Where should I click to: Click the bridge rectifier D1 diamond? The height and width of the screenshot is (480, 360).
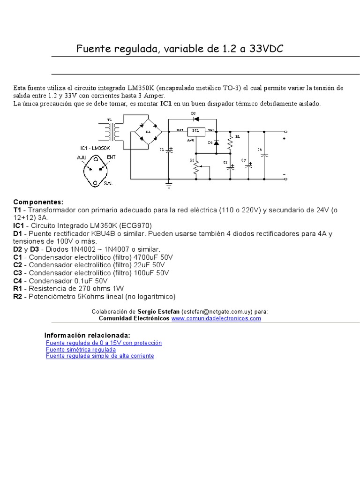coord(148,132)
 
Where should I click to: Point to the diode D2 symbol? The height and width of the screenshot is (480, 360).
coord(216,142)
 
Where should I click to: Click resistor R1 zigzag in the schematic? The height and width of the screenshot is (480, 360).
coord(230,142)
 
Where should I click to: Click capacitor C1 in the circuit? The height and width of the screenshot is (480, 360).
coord(170,150)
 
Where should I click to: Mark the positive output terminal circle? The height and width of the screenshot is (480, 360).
coord(285,132)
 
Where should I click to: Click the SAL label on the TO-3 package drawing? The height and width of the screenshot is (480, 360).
coord(108,183)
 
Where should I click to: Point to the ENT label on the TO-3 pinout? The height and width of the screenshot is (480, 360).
coord(111,157)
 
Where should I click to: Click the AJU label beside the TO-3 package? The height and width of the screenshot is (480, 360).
coord(82,157)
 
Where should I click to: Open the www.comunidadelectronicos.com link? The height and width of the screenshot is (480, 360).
coord(216,318)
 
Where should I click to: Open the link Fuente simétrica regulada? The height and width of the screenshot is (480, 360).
coord(81,349)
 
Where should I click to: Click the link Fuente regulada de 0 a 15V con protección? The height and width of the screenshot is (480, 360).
coord(104,343)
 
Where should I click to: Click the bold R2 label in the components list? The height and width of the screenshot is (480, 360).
coord(18,297)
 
